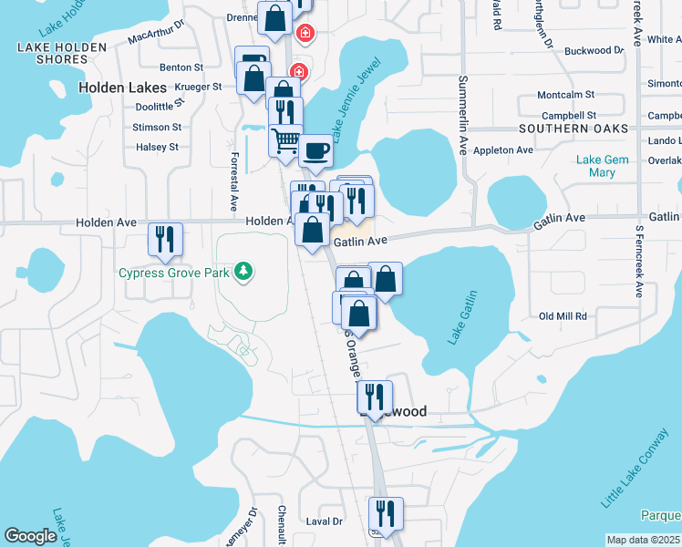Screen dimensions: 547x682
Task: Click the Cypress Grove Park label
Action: tap(172, 273)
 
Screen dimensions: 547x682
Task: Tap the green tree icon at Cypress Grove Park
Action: tap(243, 271)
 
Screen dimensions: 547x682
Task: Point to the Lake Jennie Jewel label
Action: tap(349, 105)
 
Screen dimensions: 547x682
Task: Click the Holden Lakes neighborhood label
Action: tap(122, 88)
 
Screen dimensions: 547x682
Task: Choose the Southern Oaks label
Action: tap(574, 129)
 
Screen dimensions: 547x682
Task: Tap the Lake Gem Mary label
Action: tap(602, 166)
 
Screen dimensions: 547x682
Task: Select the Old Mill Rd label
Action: tap(563, 316)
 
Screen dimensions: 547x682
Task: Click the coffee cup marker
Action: tap(315, 150)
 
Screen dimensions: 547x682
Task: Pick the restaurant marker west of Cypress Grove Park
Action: tap(165, 239)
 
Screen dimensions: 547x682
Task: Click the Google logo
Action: tap(30, 536)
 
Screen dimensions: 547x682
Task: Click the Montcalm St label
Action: tap(565, 95)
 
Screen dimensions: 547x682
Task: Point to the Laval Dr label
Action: tap(324, 521)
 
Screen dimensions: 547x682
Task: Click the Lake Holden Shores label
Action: tap(49, 53)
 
